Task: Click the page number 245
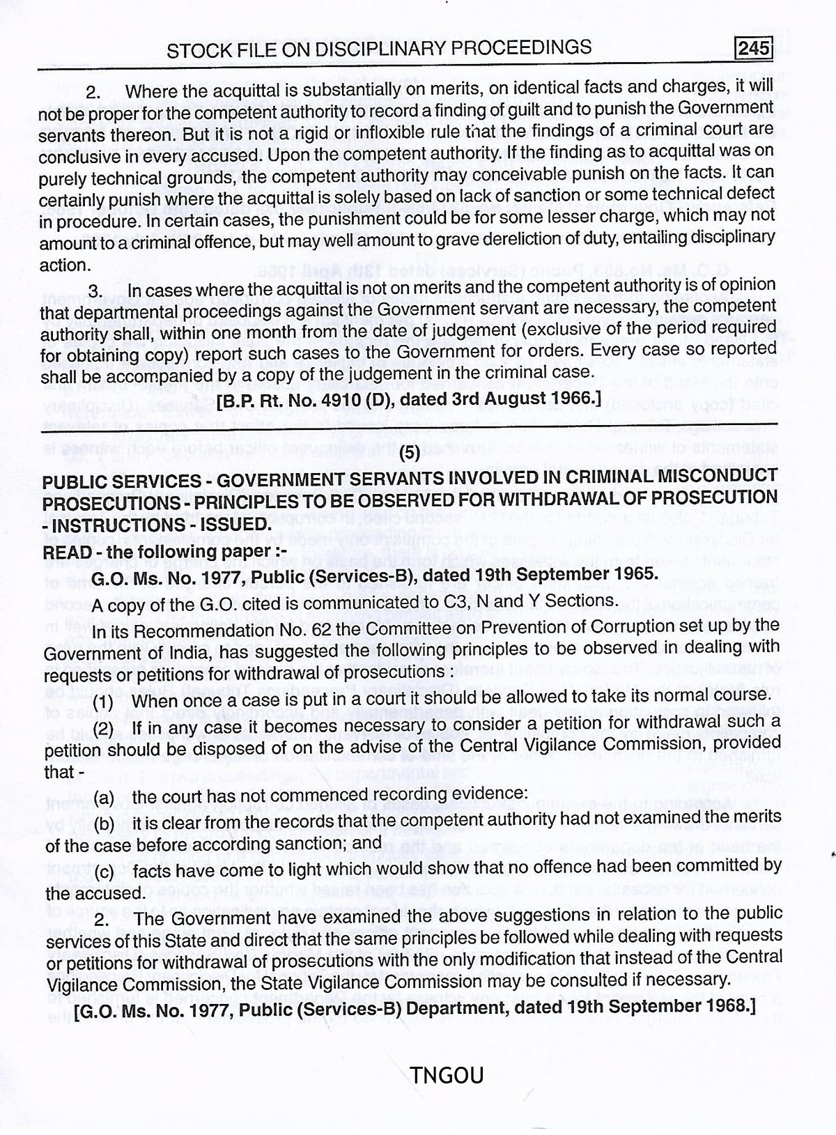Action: coord(754,48)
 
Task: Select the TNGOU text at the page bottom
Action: coord(447,1076)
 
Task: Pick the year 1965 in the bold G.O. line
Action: coord(624,574)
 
